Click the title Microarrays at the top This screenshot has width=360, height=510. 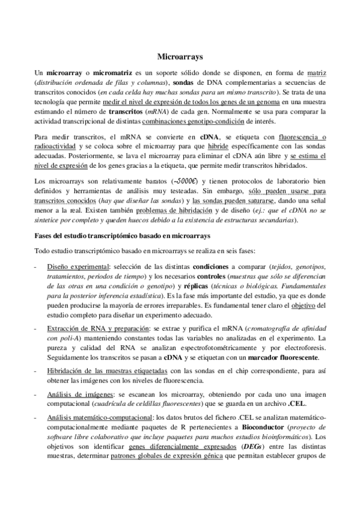(x=180, y=57)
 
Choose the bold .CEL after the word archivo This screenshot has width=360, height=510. (x=260, y=402)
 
